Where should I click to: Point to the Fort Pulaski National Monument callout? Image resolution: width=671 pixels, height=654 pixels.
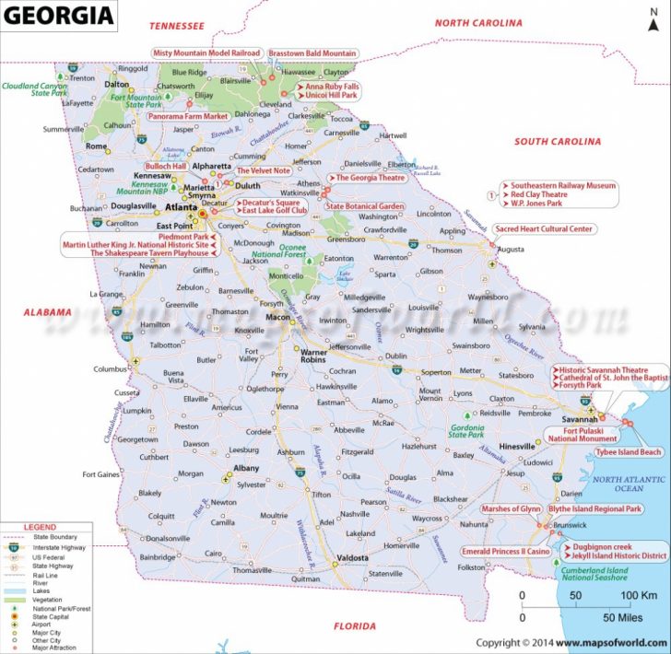coord(578,435)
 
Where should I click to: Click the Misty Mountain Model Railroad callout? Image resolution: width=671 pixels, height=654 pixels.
coord(206,53)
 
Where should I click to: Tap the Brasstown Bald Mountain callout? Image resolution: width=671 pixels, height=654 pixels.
coord(312,53)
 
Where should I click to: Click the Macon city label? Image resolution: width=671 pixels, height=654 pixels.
coord(277,318)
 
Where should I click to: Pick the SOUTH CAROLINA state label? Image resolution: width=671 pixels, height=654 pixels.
coord(557,142)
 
